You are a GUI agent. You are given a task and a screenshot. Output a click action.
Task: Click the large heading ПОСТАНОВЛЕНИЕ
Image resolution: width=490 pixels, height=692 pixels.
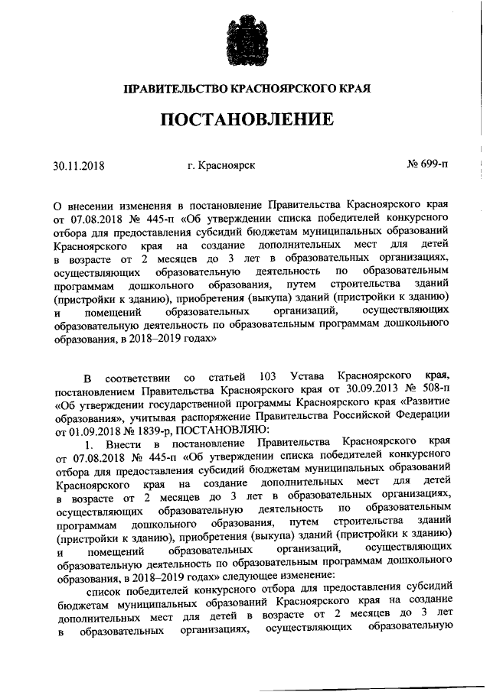click(246, 120)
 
